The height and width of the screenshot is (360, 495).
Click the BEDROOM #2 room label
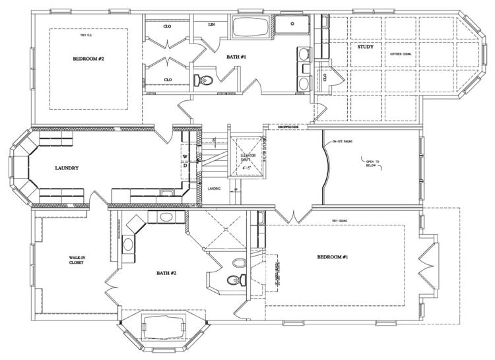click(x=89, y=59)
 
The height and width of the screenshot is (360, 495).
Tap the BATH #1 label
click(x=236, y=57)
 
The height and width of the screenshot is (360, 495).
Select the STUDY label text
click(x=365, y=47)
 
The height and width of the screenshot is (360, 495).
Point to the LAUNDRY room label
click(x=67, y=168)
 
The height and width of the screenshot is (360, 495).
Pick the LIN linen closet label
click(x=211, y=24)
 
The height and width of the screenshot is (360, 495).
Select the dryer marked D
click(x=185, y=166)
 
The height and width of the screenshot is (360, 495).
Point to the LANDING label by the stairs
click(x=214, y=189)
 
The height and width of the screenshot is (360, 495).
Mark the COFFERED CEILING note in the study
click(x=401, y=53)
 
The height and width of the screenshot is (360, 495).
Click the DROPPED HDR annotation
click(x=288, y=127)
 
